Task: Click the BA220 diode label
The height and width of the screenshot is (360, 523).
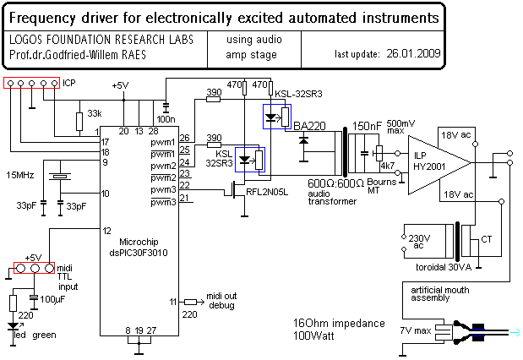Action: click(310, 126)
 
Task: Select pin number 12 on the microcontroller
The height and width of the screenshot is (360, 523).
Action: click(106, 230)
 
